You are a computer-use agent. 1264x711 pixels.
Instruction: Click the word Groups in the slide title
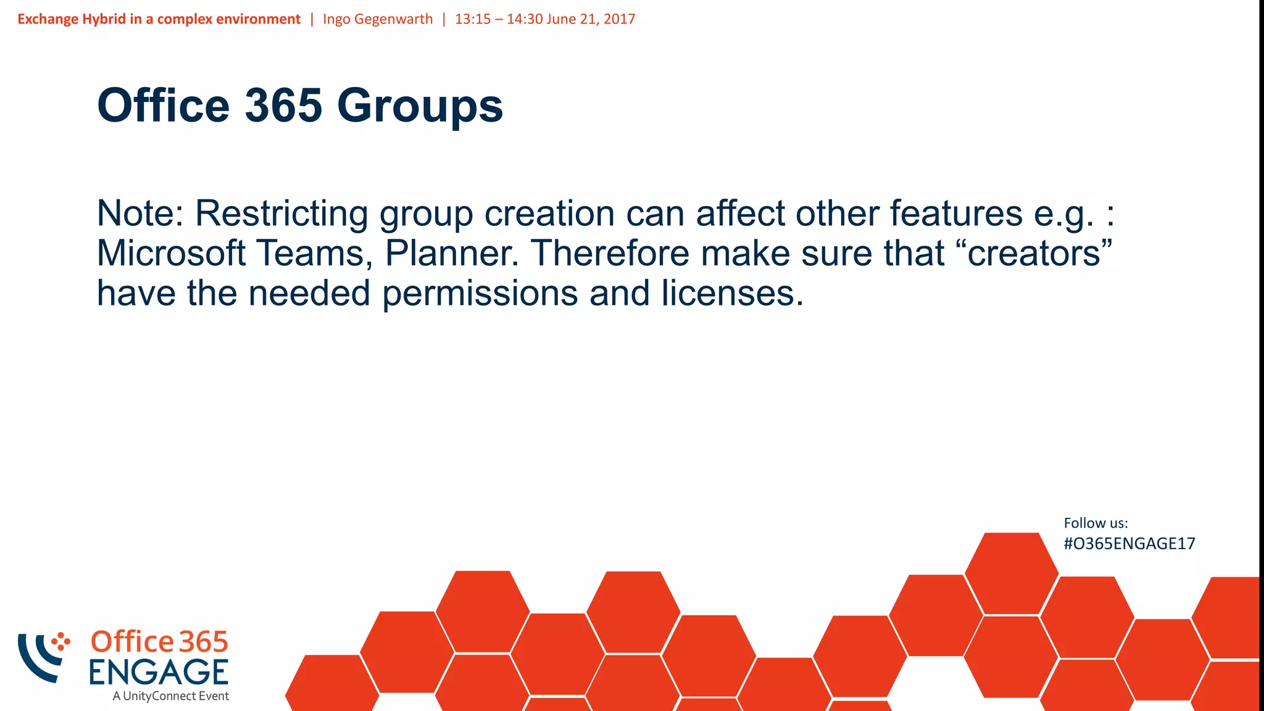tap(420, 106)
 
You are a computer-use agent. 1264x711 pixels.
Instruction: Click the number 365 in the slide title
tap(283, 105)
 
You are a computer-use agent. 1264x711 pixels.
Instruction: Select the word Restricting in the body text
tap(281, 214)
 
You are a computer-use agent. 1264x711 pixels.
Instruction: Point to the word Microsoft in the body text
tap(171, 253)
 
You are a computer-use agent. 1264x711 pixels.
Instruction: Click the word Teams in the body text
tap(314, 253)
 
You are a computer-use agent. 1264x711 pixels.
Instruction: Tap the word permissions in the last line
tap(480, 293)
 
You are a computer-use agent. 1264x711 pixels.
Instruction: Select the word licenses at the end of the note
tap(733, 293)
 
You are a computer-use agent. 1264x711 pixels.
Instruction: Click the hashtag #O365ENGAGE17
tap(1129, 544)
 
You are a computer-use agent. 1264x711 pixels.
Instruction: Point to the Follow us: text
tap(1096, 523)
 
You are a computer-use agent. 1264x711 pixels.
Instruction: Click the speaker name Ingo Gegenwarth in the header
tap(378, 19)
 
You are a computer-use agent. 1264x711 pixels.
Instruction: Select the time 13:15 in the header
tap(473, 19)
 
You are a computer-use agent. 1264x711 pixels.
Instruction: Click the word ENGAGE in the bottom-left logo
tap(159, 672)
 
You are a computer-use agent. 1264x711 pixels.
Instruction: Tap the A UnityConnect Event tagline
tap(170, 696)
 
